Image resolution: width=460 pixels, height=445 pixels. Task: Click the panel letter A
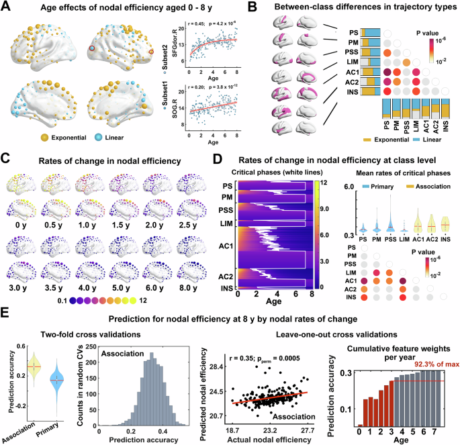6,7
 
